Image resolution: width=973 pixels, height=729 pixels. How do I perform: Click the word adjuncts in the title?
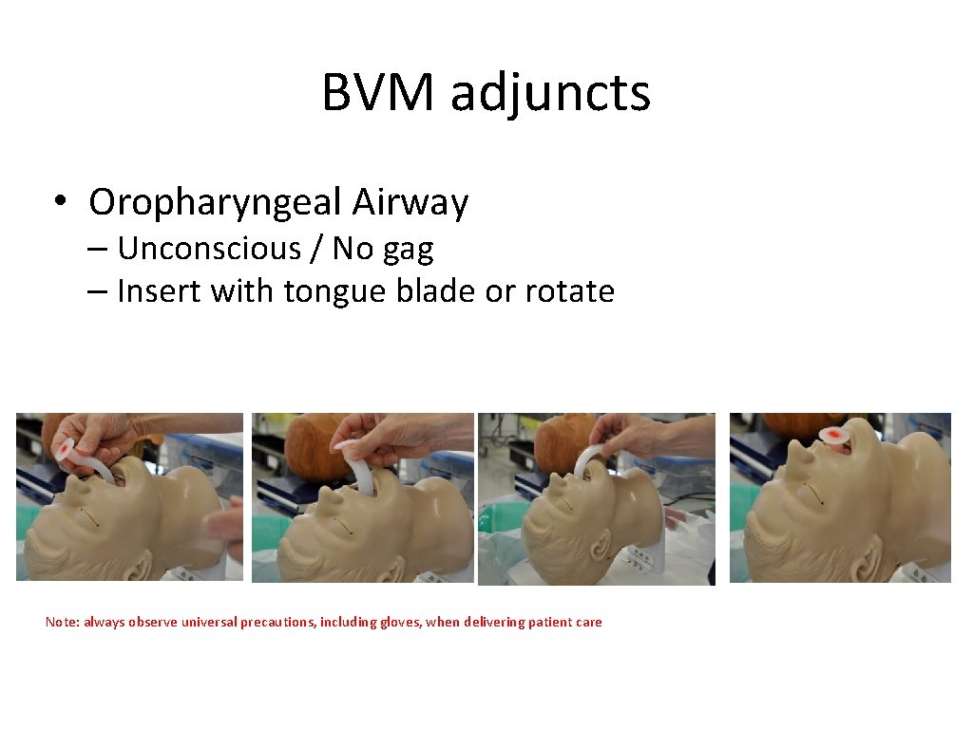(x=550, y=94)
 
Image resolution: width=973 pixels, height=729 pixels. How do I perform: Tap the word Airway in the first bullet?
(x=410, y=202)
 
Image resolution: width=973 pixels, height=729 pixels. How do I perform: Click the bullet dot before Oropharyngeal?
(x=60, y=203)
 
